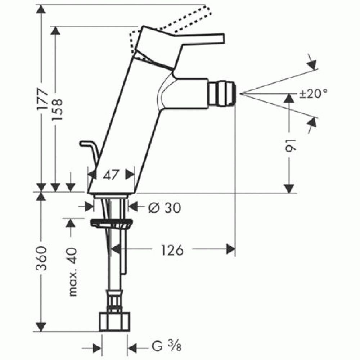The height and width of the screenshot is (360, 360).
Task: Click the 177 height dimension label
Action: coord(43,99)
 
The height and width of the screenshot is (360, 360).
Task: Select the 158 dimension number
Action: coord(57,109)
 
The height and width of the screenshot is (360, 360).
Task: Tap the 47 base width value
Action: coord(111,175)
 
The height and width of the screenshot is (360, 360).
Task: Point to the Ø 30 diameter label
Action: coord(165,208)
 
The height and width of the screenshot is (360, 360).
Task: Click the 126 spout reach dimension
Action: coord(172,250)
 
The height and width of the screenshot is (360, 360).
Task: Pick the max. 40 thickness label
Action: coord(73,271)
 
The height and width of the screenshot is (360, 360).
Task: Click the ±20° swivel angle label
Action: coord(313,94)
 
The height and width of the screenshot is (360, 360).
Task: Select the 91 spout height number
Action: coord(291,145)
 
